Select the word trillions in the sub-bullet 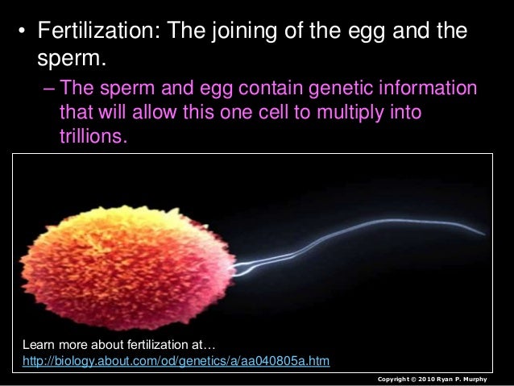[x=92, y=137]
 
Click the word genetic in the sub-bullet [x=321, y=87]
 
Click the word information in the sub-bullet [x=422, y=87]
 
